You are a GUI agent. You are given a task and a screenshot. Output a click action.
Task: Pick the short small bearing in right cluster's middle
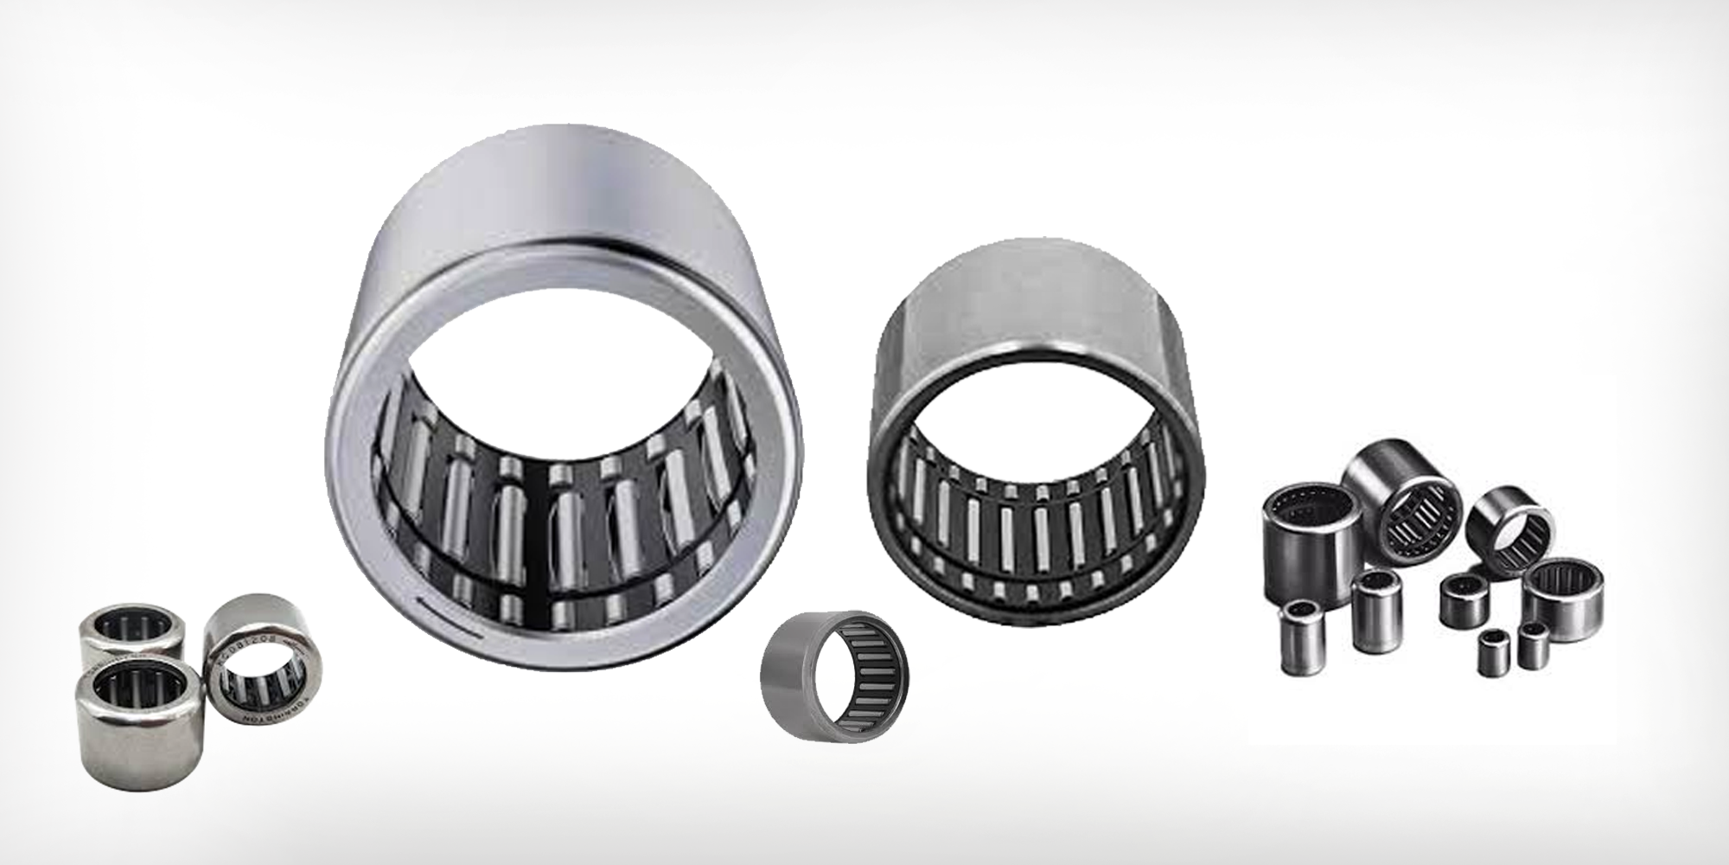tap(1463, 601)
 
